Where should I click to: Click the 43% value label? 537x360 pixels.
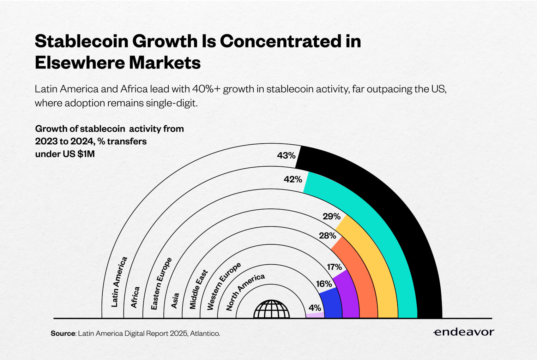[x=286, y=155]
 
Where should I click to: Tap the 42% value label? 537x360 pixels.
[x=293, y=179]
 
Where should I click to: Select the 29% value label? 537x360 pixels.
[x=331, y=216]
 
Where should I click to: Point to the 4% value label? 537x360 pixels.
[x=315, y=308]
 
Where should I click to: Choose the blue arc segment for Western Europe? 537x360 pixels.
[x=332, y=305]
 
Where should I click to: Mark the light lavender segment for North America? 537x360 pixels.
[x=315, y=315]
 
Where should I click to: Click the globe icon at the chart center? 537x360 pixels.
[x=271, y=309]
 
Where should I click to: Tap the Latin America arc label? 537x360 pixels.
[x=119, y=282]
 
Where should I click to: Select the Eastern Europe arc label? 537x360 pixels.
[x=161, y=283]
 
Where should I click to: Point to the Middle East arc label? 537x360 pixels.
[x=198, y=289]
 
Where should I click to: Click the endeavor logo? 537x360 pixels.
[x=463, y=332]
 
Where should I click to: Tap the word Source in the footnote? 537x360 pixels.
[x=63, y=333]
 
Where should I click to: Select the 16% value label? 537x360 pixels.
[x=324, y=284]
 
